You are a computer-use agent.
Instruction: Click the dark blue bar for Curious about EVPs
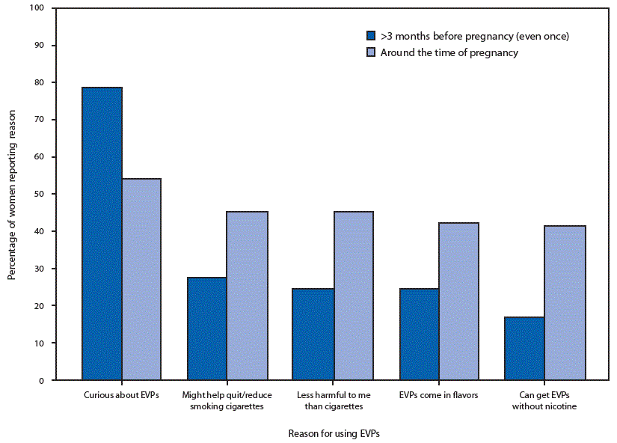(102, 233)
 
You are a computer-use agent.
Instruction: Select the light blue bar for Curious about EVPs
(141, 279)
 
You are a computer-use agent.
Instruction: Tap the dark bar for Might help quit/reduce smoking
(207, 329)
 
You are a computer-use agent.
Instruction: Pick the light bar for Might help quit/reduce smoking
(247, 296)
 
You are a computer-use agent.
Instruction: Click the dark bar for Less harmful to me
(313, 334)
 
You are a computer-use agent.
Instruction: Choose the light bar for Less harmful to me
(353, 296)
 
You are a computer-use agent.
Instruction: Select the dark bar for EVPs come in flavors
(419, 334)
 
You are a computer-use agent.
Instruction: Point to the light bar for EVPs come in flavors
(458, 301)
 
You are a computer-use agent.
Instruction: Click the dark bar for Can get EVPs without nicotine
(525, 348)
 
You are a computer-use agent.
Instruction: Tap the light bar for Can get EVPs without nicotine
(565, 302)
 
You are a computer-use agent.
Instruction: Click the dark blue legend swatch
(370, 36)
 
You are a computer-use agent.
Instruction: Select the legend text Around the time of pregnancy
(449, 53)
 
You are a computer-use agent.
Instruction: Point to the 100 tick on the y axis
(37, 8)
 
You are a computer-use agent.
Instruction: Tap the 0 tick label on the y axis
(42, 380)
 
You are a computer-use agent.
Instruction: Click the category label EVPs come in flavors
(438, 395)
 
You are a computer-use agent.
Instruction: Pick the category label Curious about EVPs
(122, 395)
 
